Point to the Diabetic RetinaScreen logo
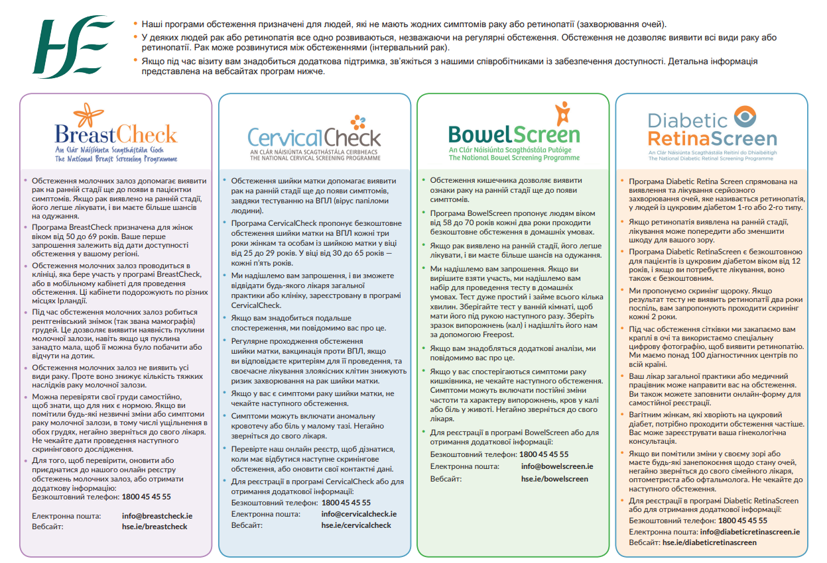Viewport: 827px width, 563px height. [x=712, y=132]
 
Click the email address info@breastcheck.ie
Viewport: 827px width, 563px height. [x=157, y=515]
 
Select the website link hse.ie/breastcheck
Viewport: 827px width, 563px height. [x=155, y=527]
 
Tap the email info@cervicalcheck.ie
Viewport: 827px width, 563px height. [x=359, y=513]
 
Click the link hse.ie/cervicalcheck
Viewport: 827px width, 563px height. [x=356, y=525]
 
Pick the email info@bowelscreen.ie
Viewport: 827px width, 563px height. [x=557, y=466]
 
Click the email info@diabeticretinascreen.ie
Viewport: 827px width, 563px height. [x=749, y=531]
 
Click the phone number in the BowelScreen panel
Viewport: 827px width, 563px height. [x=544, y=454]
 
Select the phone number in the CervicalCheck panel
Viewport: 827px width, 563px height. [x=346, y=503]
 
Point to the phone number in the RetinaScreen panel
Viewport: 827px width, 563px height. [x=743, y=521]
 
